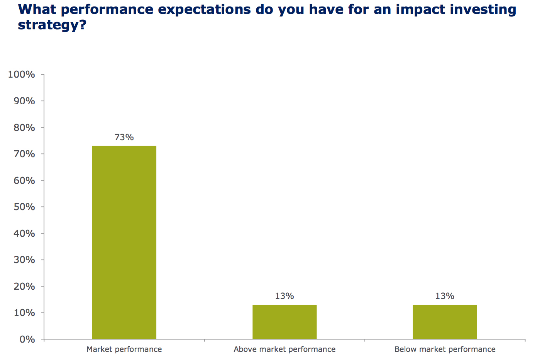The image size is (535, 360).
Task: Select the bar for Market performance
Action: (124, 242)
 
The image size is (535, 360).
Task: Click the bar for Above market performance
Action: (284, 322)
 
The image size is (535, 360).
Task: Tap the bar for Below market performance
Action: (445, 322)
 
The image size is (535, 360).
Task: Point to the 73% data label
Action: (124, 138)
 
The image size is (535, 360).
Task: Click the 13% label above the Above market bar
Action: (284, 296)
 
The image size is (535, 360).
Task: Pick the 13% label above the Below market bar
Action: (445, 296)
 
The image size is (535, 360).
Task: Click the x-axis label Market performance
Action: (124, 350)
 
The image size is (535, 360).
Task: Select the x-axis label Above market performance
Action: (284, 350)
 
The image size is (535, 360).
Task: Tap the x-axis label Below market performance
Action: (445, 350)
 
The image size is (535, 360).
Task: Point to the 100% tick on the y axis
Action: (22, 75)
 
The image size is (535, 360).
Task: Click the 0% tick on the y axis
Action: (27, 340)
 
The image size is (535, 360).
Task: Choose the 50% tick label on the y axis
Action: (24, 207)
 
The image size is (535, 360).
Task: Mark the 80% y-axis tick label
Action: (24, 127)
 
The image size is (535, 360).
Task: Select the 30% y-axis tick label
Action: (24, 260)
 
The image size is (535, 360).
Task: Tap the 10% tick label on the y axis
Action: (24, 313)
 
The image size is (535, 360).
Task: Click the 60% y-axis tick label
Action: (24, 181)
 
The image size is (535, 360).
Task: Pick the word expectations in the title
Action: (204, 9)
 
